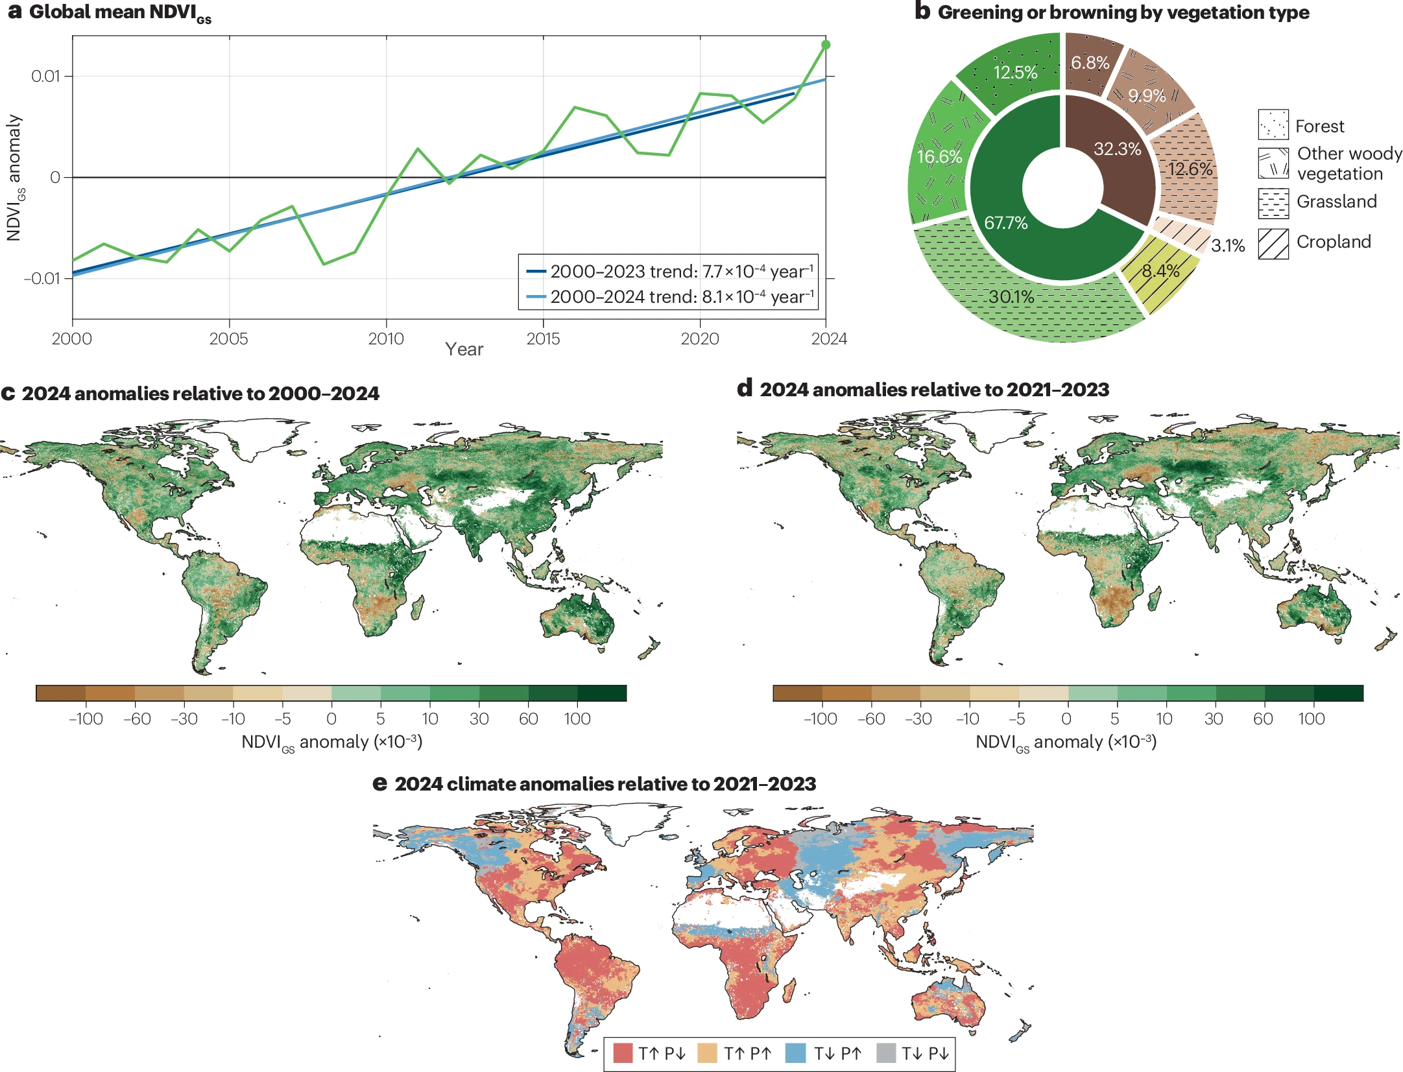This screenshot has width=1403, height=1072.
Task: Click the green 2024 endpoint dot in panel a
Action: tap(826, 45)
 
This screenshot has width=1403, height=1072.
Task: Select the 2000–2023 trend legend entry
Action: tap(669, 271)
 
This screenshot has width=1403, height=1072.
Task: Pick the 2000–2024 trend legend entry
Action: tap(669, 297)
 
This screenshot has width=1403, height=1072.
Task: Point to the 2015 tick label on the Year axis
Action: tap(543, 339)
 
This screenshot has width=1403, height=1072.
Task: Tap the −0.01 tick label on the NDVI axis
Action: tap(42, 279)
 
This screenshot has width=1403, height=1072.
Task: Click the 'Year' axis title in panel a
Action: tap(464, 350)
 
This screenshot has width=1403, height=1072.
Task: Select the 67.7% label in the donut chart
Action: tap(1005, 223)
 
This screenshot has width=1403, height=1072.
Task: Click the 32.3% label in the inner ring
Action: tap(1117, 149)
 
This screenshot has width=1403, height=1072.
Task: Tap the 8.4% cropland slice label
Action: tap(1160, 271)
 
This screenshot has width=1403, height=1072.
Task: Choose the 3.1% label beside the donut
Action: tap(1227, 246)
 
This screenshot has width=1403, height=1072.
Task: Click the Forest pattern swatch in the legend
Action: tap(1273, 125)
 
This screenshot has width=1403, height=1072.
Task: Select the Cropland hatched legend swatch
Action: tap(1273, 244)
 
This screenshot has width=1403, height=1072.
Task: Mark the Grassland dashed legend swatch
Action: tap(1273, 204)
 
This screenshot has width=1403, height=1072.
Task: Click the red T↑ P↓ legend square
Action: tap(623, 1053)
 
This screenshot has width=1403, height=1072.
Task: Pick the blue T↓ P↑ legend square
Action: tap(795, 1053)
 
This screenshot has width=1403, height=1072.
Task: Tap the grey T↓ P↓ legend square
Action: tap(886, 1053)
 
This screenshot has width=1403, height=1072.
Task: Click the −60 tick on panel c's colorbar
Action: tap(137, 719)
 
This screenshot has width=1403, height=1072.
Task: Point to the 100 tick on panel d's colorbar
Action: tap(1311, 719)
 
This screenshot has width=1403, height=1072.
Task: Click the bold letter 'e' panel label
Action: tap(379, 784)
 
